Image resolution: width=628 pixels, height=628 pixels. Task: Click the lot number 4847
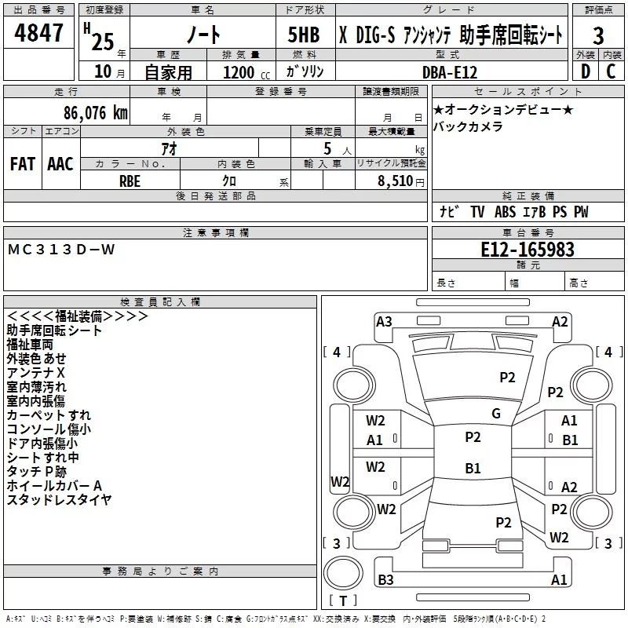pos(38,32)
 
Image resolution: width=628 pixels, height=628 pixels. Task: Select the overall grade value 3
pos(598,35)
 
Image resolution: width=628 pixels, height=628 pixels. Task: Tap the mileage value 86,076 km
pos(96,113)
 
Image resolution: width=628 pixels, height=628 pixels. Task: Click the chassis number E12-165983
pos(528,250)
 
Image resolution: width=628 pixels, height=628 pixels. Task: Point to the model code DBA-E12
pos(450,72)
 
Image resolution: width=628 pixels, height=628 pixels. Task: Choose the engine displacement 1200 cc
pos(246,72)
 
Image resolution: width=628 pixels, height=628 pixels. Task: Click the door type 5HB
pos(304,35)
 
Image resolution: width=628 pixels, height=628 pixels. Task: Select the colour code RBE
pos(130,181)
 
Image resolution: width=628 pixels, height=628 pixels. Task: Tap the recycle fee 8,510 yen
pos(400,181)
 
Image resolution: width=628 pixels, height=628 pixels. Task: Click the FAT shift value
pos(23,164)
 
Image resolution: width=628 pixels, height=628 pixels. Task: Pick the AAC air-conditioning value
pos(60,164)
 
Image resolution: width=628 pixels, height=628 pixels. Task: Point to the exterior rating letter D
pos(586,71)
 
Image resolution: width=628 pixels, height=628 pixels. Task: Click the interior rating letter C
pos(611,71)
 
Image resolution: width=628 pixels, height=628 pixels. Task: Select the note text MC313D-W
pos(61,250)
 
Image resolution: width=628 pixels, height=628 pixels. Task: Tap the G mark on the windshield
pos(496,414)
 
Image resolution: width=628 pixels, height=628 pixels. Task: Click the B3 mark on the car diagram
pos(385,579)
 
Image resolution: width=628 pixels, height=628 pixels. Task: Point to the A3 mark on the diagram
pos(384,322)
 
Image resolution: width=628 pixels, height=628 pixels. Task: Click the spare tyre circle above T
pos(343,573)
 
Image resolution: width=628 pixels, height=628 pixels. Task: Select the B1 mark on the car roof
pos(473,468)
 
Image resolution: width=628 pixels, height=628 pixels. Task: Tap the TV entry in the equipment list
pos(477,212)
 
